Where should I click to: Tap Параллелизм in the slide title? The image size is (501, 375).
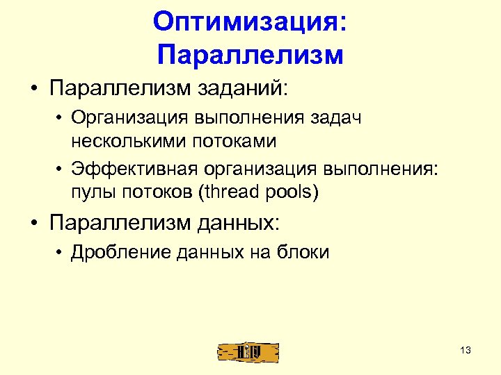tap(250, 53)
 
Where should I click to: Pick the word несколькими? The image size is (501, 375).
tap(124, 141)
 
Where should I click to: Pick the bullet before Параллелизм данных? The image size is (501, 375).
tap(34, 223)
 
